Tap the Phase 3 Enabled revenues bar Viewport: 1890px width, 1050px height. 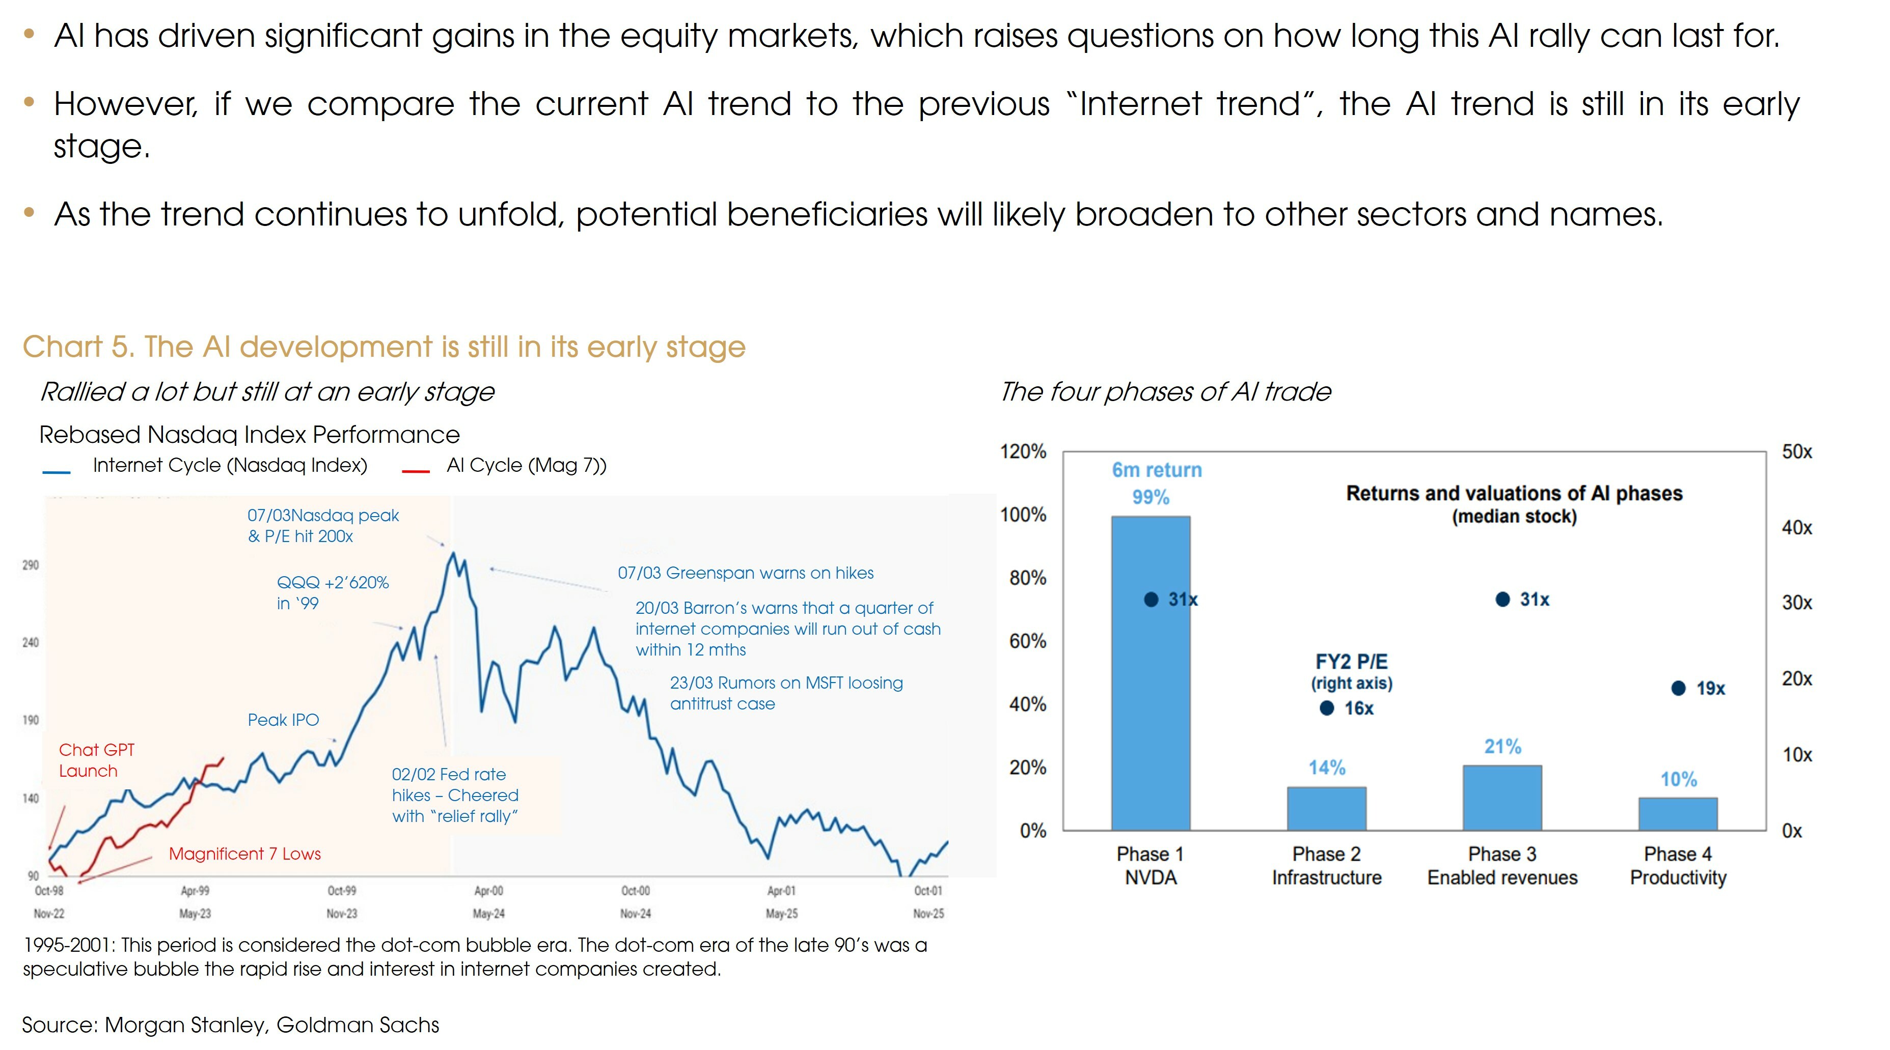(x=1502, y=797)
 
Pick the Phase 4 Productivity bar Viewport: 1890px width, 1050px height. (x=1678, y=813)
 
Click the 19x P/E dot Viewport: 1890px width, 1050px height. (x=1678, y=688)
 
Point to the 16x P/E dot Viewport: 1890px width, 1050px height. (x=1327, y=707)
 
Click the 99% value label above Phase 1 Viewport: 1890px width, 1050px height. (x=1151, y=497)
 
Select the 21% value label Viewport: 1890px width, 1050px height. (x=1502, y=747)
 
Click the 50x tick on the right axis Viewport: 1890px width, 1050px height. (x=1797, y=451)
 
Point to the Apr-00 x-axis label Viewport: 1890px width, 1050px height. (x=488, y=890)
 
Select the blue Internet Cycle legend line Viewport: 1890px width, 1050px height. (x=57, y=471)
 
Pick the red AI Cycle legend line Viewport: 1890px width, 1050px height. (x=415, y=471)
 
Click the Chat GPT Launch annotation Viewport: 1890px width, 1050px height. (x=96, y=760)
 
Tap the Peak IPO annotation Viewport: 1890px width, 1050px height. (x=283, y=719)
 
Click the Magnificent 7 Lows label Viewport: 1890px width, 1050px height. (x=244, y=854)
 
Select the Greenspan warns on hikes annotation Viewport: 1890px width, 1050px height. (x=746, y=573)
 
